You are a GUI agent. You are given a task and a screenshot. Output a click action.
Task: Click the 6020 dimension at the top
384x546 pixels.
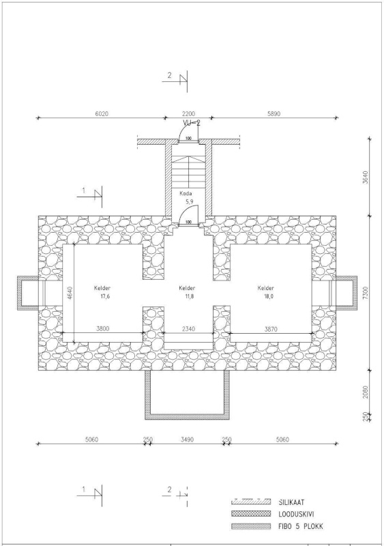tap(102, 113)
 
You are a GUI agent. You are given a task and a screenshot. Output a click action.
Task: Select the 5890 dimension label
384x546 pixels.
tap(274, 113)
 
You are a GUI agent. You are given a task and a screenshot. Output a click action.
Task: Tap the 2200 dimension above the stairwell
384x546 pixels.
tap(189, 113)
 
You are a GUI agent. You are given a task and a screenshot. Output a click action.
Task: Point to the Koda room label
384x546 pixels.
tap(186, 193)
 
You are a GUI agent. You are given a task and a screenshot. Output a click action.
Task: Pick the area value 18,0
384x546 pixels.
tap(269, 297)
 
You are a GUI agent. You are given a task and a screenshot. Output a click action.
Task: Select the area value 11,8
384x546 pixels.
tap(189, 297)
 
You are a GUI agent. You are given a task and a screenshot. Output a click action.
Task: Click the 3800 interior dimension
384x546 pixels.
tap(103, 328)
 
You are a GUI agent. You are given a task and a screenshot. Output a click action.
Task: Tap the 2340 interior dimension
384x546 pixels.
tap(189, 328)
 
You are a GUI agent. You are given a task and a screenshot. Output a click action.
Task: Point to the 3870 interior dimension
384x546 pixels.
tap(271, 328)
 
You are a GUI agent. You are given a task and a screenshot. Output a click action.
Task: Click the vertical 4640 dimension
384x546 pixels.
tap(70, 293)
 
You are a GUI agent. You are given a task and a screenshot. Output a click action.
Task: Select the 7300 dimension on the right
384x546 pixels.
tap(365, 293)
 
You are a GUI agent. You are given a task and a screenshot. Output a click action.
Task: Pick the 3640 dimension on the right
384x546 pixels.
tap(365, 177)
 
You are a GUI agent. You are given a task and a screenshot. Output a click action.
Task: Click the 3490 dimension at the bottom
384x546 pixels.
tap(188, 440)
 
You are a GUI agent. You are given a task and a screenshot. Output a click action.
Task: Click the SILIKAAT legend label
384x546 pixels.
tap(291, 502)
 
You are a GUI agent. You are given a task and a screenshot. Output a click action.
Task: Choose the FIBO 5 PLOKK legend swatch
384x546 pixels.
tap(251, 526)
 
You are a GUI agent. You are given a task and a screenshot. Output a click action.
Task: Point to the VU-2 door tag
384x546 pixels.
tap(192, 123)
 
